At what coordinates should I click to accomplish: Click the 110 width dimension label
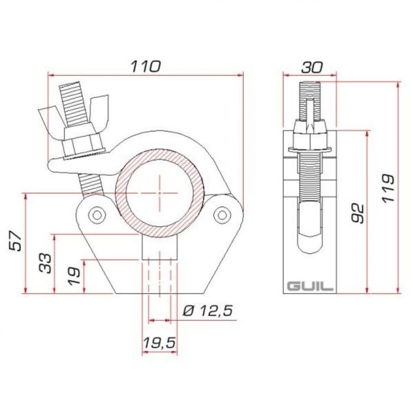pyautogui.click(x=145, y=66)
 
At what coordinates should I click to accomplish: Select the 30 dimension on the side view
pyautogui.click(x=312, y=67)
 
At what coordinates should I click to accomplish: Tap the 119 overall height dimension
pyautogui.click(x=388, y=188)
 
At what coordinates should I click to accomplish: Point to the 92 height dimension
pyautogui.click(x=356, y=213)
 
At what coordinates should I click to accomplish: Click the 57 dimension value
pyautogui.click(x=16, y=241)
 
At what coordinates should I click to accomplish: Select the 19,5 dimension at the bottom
pyautogui.click(x=159, y=342)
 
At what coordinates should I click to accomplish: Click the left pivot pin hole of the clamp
pyautogui.click(x=96, y=213)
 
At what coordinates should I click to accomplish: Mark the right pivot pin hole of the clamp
pyautogui.click(x=222, y=213)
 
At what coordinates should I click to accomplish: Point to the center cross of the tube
pyautogui.click(x=159, y=193)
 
